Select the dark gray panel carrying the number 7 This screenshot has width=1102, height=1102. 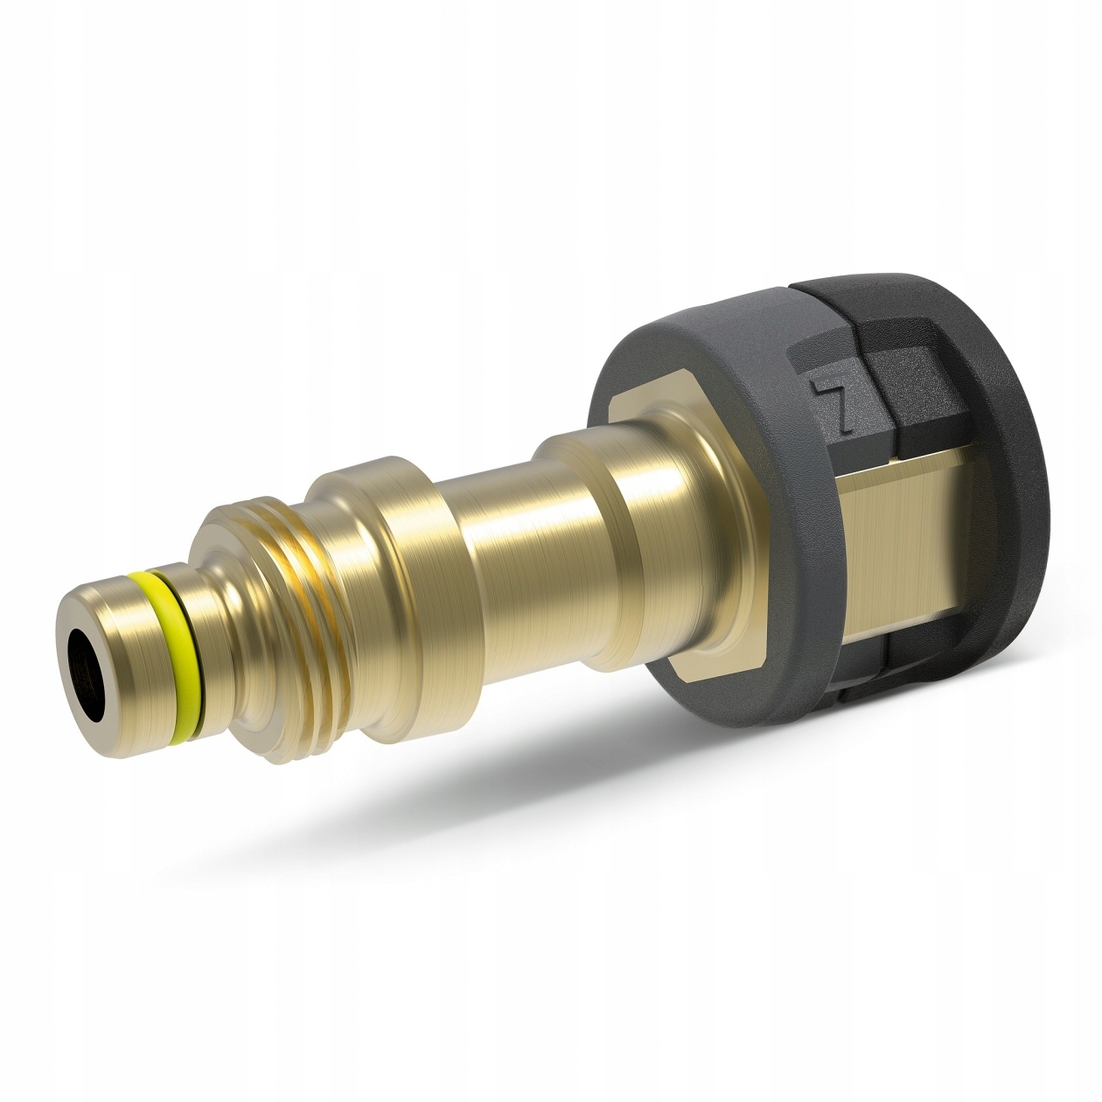[x=831, y=411]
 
